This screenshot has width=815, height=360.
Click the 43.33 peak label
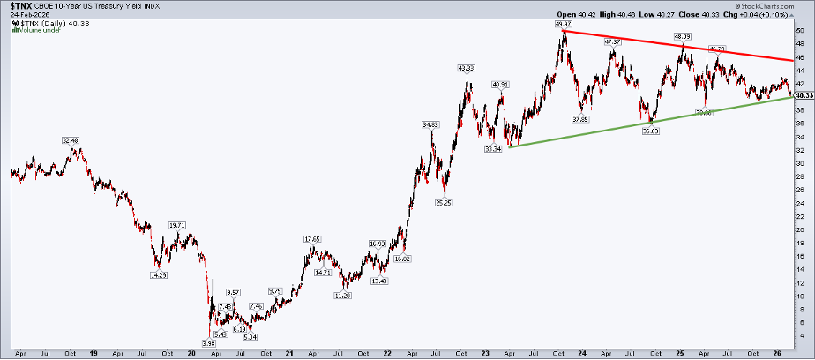click(467, 68)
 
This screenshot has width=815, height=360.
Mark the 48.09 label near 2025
click(681, 37)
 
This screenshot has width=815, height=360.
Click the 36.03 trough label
click(651, 131)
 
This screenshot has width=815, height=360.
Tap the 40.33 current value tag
click(803, 94)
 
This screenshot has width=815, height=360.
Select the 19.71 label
click(177, 225)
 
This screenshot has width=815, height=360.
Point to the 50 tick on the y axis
click(799, 30)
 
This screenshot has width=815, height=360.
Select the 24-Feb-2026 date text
click(29, 15)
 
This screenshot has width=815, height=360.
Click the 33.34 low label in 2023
click(494, 149)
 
